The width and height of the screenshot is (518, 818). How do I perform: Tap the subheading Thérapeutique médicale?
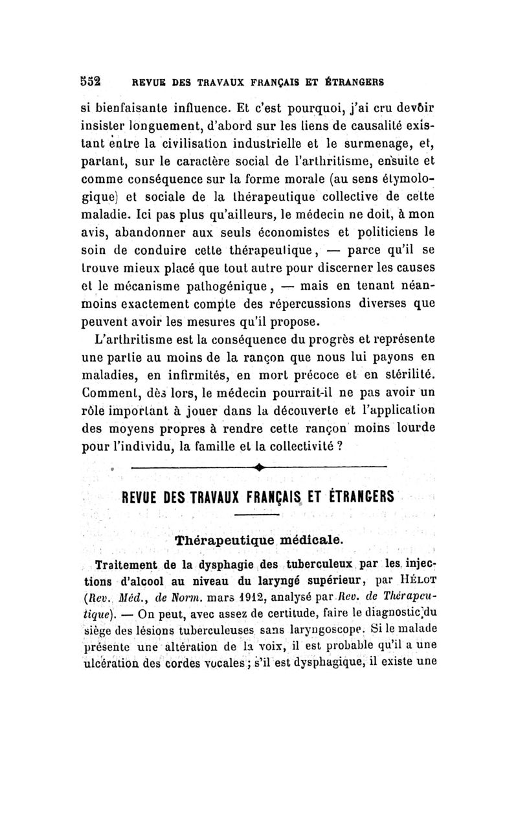point(257,539)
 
